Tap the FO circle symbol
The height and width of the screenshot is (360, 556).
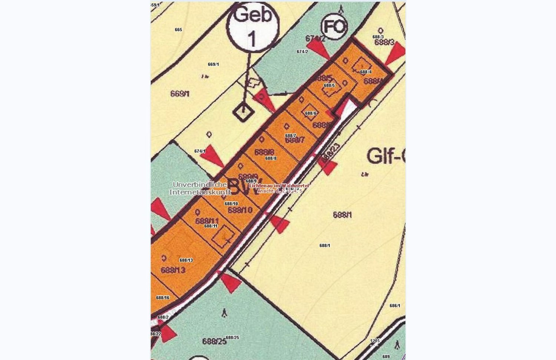click(x=335, y=27)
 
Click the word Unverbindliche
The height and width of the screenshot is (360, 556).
click(x=200, y=184)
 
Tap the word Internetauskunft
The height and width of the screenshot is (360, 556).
click(x=200, y=192)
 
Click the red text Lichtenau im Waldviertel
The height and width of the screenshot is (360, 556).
click(x=279, y=185)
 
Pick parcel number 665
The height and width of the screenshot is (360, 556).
click(x=178, y=30)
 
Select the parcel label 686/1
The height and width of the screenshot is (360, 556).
click(x=395, y=306)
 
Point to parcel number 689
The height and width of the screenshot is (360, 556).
click(x=386, y=357)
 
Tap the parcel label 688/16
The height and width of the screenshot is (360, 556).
click(x=163, y=298)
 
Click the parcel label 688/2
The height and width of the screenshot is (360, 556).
click(x=163, y=317)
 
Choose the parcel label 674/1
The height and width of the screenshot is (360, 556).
click(x=200, y=151)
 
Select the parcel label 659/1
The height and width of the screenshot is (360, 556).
click(x=155, y=5)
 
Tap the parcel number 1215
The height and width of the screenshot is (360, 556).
click(x=375, y=340)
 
